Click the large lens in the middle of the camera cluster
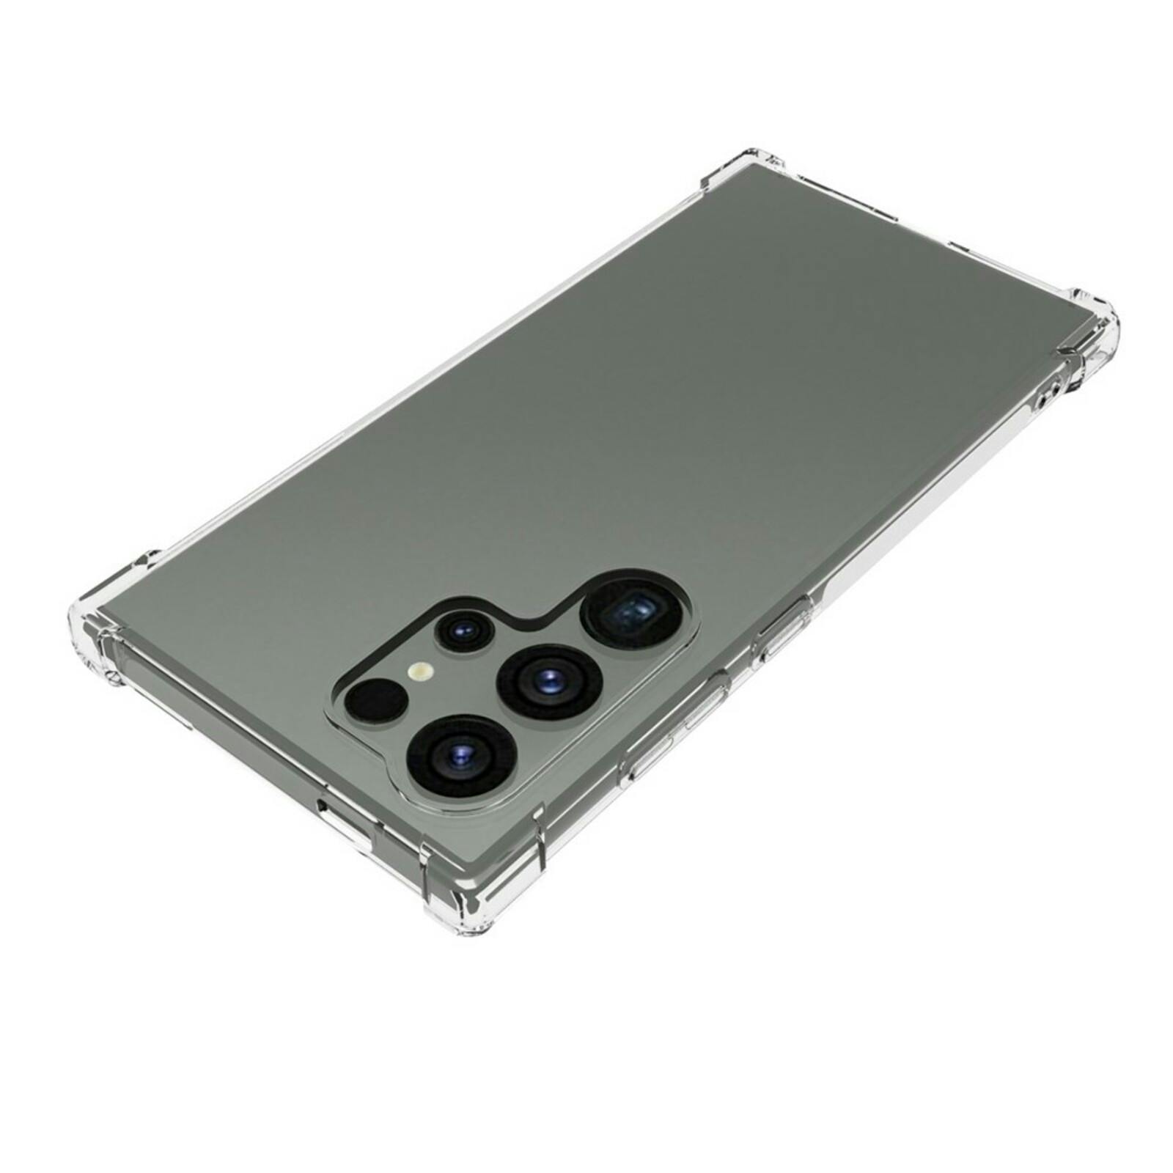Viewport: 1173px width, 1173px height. point(548,680)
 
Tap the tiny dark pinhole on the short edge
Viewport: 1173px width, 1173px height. point(323,808)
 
